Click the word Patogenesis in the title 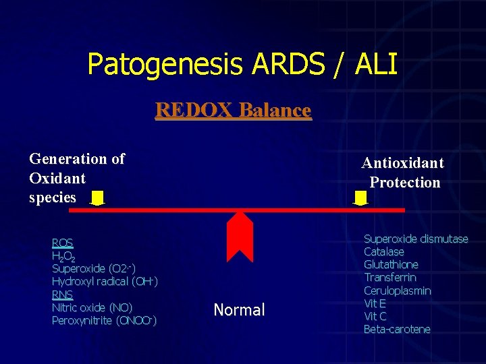coord(165,65)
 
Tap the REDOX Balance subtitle coord(233,110)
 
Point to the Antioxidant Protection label coord(404,173)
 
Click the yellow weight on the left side coord(98,198)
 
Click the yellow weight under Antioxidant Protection coord(361,198)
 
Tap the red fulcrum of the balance coord(240,235)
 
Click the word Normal coord(239,310)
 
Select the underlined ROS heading coord(62,243)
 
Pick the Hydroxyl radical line coord(105,282)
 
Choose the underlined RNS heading coord(62,295)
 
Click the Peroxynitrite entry coord(104,321)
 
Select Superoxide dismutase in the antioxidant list coord(416,239)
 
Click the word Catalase coord(384,251)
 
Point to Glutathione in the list coord(391,264)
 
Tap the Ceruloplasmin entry coord(397,291)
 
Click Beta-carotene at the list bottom coord(397,330)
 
